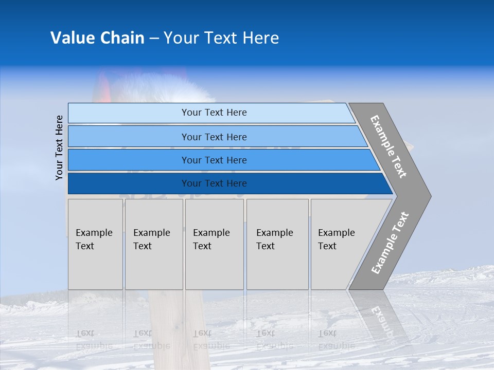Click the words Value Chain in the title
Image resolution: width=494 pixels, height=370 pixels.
coord(97,38)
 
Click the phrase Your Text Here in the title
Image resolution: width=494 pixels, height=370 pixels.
coord(221,38)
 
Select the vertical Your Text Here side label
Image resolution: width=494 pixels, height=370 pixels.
coord(59,147)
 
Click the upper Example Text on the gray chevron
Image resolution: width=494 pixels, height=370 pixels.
coord(389,146)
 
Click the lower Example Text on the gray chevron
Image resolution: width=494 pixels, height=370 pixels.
coord(390,243)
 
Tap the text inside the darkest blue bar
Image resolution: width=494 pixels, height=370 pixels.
coord(214,183)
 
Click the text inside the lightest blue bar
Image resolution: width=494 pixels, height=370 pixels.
coord(214,113)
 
